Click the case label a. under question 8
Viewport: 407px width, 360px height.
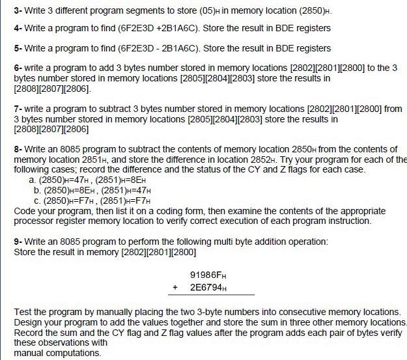tap(33, 180)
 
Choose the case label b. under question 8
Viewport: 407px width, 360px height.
tap(37, 189)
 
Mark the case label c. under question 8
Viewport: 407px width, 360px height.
tap(36, 200)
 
